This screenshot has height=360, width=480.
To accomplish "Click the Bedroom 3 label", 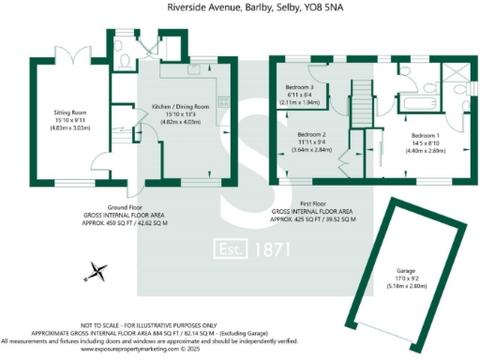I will coord(301,87).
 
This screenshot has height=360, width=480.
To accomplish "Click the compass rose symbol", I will coord(95,274).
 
